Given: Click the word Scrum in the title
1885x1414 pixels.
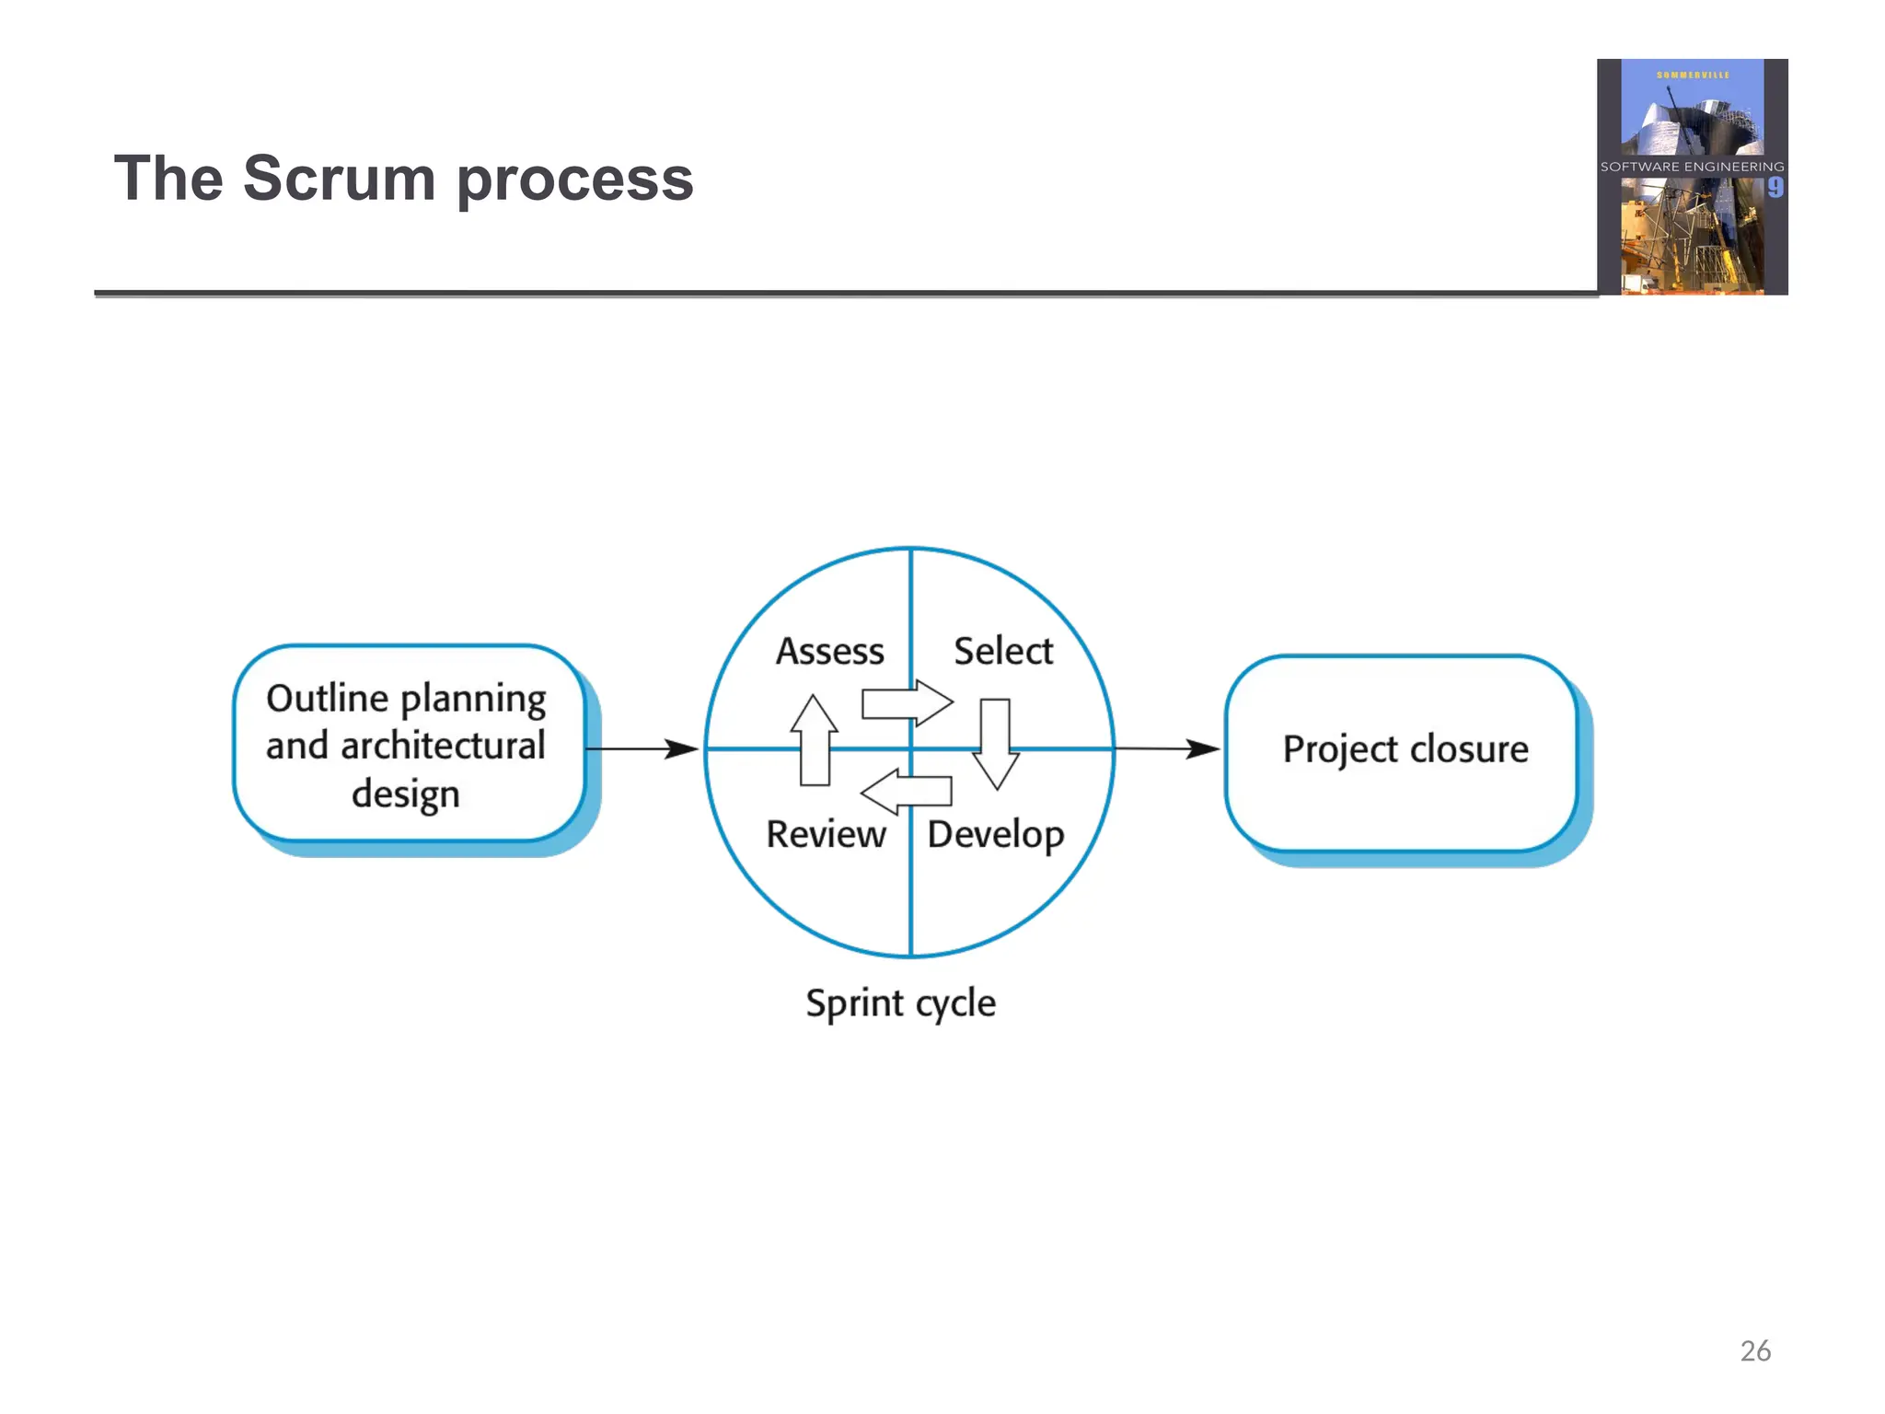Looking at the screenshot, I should [339, 179].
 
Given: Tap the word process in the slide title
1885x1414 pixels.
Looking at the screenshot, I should [574, 180].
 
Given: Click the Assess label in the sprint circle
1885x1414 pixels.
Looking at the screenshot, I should [829, 652].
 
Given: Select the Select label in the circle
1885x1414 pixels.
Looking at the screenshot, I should [1002, 652].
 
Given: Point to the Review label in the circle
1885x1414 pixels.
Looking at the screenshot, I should [826, 834].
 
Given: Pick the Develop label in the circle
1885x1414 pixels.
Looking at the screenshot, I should [995, 835].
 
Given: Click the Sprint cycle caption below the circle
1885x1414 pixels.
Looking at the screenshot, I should [900, 1003].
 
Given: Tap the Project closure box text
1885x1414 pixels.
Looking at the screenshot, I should [1405, 749].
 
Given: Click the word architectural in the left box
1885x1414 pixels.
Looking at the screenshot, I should [443, 746].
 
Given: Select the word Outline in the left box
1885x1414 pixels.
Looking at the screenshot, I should [327, 699].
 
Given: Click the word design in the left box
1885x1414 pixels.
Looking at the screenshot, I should [405, 794].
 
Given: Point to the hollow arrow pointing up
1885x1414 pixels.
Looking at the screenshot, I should [815, 740].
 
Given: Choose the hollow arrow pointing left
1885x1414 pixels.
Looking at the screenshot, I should [906, 791].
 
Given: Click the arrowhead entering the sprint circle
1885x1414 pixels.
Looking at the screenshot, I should [682, 749].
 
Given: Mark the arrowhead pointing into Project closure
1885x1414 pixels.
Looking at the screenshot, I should [1202, 749].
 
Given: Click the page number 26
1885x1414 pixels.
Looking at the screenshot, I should [1754, 1350].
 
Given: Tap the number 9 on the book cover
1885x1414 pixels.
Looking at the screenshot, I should [1775, 188].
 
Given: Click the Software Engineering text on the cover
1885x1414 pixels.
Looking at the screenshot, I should [1692, 167].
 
